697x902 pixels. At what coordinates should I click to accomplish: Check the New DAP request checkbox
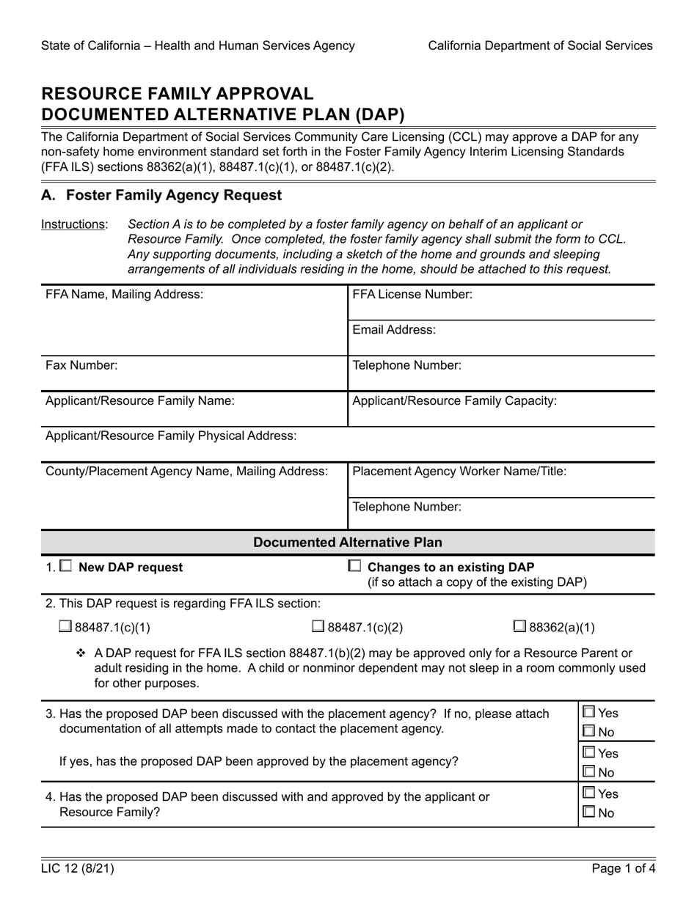coord(65,566)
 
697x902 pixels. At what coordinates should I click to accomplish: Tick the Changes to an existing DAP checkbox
coord(354,566)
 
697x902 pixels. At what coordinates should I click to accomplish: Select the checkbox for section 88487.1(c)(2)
coord(318,626)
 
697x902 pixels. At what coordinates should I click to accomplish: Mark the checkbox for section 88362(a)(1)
coord(519,626)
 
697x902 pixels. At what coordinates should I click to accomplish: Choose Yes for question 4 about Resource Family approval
coord(589,793)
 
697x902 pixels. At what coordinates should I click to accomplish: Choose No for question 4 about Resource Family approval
coord(589,813)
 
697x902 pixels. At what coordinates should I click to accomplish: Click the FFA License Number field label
coord(412,294)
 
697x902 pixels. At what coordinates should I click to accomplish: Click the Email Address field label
coord(394,330)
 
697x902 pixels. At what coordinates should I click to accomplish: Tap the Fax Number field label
coord(81,365)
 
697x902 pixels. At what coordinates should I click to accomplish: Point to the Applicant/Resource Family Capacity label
coord(454,401)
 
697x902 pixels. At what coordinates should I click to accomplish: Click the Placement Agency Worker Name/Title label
coord(459,472)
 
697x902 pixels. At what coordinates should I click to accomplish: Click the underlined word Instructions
coord(73,224)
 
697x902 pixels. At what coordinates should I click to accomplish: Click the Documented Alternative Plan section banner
coord(348,543)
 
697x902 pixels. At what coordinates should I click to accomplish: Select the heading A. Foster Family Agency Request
coord(161,196)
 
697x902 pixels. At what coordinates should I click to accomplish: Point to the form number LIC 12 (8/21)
coord(78,870)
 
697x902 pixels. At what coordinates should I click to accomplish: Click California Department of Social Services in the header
coord(540,45)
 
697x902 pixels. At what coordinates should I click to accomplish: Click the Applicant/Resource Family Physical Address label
coord(171,436)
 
